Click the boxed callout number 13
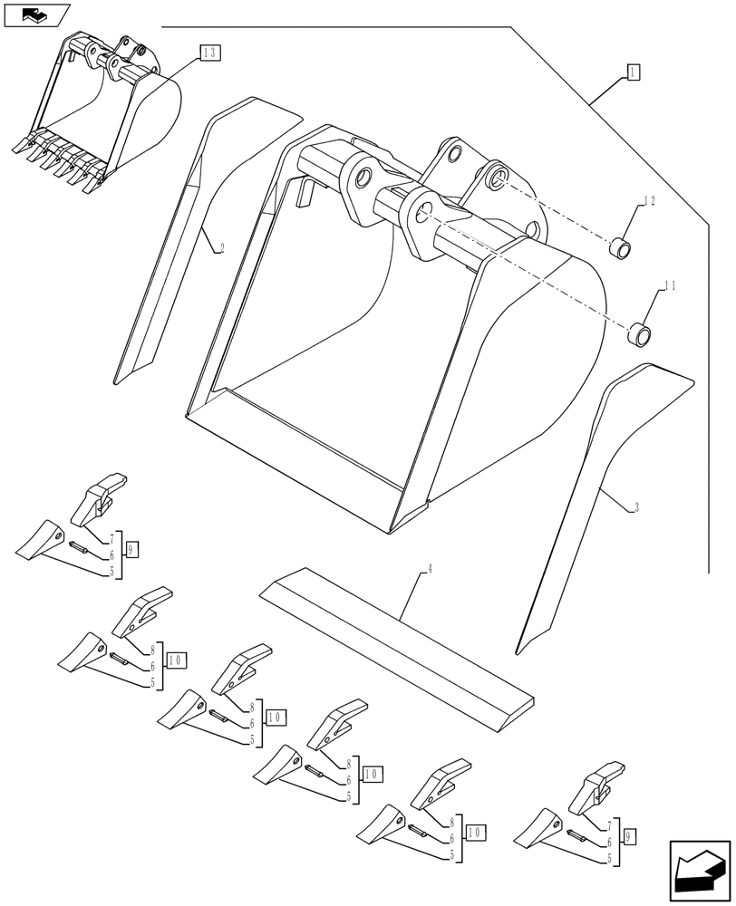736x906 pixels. click(x=208, y=53)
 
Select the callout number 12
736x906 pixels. click(x=649, y=201)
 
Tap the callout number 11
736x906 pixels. click(x=670, y=286)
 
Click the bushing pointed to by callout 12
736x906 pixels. click(x=618, y=246)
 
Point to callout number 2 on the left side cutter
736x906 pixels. click(x=221, y=246)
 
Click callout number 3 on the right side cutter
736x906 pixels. click(x=636, y=508)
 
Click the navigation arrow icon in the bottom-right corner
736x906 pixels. click(x=699, y=870)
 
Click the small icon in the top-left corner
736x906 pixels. click(x=36, y=14)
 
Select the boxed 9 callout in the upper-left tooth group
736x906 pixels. click(x=132, y=550)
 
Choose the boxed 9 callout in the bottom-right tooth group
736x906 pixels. click(x=631, y=834)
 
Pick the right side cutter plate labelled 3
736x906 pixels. click(x=589, y=507)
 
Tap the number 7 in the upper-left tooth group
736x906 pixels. click(x=111, y=540)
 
